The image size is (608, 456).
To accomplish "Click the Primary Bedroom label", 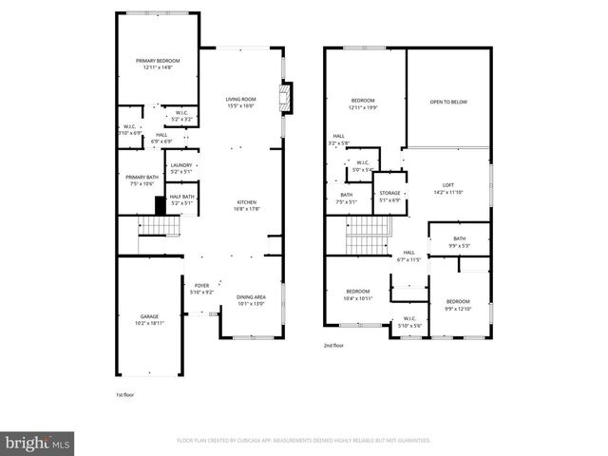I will point(157,61).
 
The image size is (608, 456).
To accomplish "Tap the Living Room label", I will point(240,100).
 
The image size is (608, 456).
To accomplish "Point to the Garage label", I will point(150,316).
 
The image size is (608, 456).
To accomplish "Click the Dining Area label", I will point(251,297).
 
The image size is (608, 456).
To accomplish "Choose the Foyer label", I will point(201,286).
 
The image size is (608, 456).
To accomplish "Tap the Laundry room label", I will point(180,166).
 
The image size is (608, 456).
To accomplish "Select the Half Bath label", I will point(181,197).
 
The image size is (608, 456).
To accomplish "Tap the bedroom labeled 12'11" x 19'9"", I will point(363,101).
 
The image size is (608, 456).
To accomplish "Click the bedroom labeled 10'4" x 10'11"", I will point(357,292).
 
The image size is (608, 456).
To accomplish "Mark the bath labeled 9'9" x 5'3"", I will point(459,239).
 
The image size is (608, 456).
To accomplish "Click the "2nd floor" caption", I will point(334,346).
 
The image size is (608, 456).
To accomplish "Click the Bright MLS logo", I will point(37,443).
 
